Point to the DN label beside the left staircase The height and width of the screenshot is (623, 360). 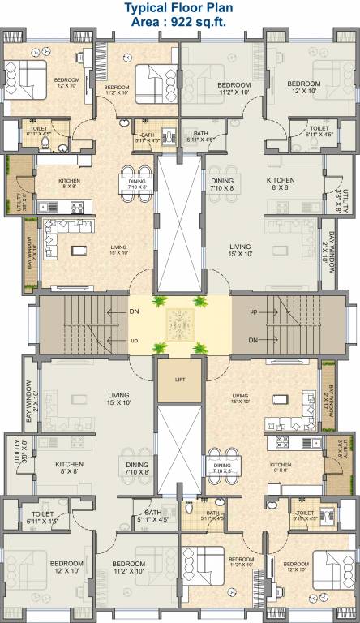[135, 311]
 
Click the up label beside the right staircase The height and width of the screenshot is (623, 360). [253, 311]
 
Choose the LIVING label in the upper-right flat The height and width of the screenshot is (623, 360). [239, 246]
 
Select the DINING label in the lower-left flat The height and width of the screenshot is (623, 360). [137, 465]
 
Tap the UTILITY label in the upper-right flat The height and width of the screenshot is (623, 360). [345, 194]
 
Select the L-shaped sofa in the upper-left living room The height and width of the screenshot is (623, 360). [57, 235]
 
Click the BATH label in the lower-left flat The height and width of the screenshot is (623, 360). [152, 513]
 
